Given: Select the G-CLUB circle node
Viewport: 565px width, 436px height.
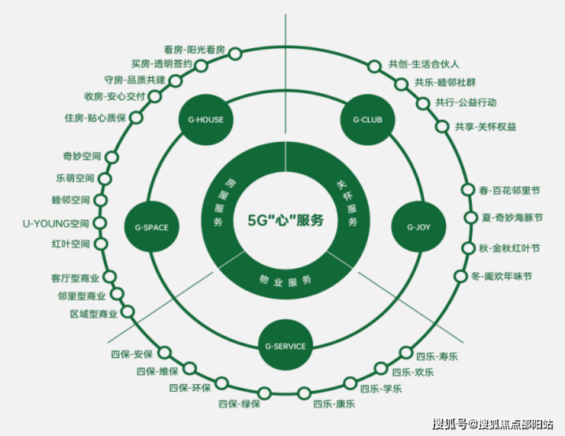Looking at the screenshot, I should pyautogui.click(x=367, y=120).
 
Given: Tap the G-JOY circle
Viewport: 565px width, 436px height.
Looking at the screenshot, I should pyautogui.click(x=419, y=227).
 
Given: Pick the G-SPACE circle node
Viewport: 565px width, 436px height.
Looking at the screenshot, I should pyautogui.click(x=151, y=227).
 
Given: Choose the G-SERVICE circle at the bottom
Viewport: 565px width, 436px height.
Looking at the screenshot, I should pyautogui.click(x=286, y=346).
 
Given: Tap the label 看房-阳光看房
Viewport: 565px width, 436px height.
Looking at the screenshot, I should pyautogui.click(x=195, y=49).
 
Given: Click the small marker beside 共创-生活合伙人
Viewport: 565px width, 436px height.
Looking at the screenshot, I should pyautogui.click(x=374, y=66).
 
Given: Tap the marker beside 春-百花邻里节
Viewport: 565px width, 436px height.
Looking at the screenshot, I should pyautogui.click(x=468, y=189).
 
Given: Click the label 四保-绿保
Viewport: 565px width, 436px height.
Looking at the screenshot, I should pyautogui.click(x=240, y=403).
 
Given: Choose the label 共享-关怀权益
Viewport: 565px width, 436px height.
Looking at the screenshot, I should pyautogui.click(x=486, y=126).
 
